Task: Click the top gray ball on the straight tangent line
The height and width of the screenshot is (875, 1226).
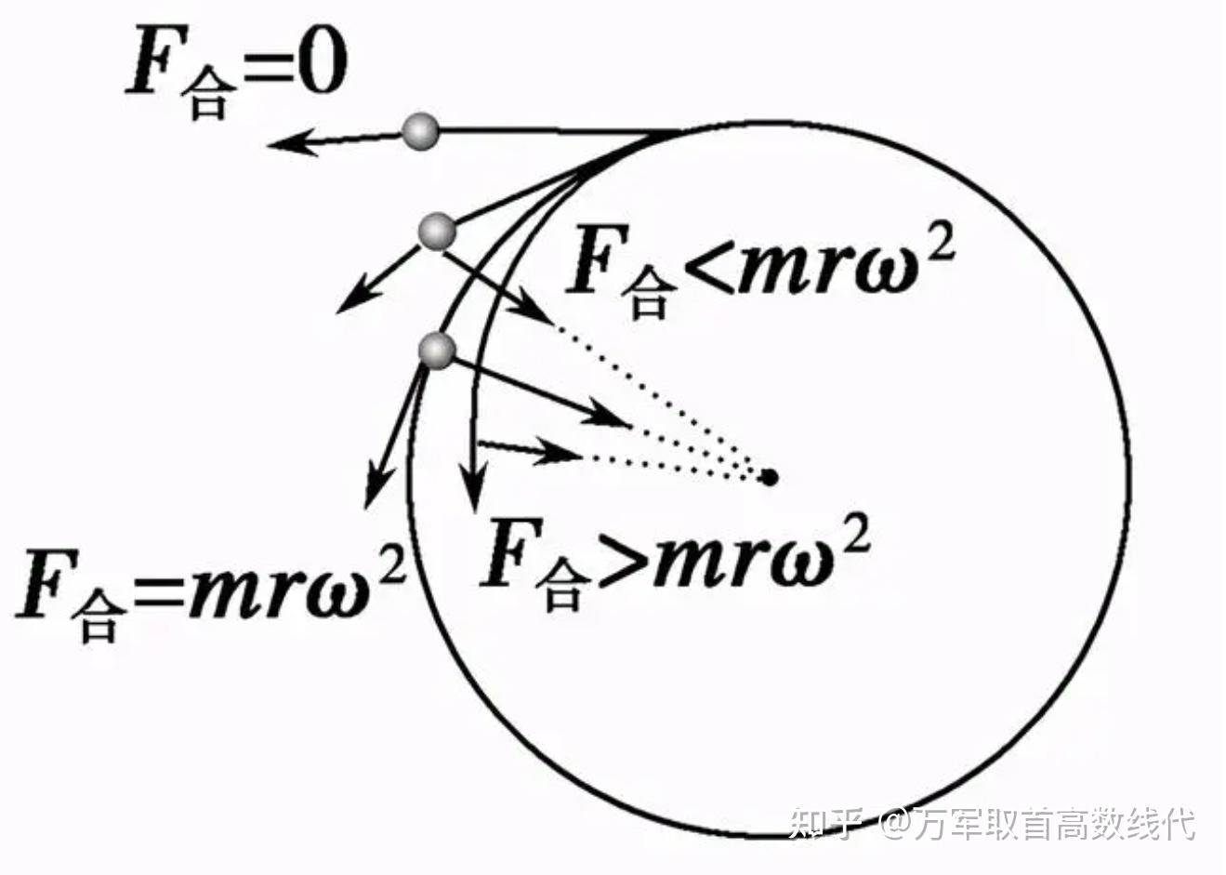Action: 421,131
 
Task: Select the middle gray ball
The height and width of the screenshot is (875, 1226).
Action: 436,231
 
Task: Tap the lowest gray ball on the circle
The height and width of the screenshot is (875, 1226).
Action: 437,350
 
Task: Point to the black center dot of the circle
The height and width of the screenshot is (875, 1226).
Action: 769,477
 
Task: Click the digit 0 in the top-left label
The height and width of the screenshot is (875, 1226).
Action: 322,66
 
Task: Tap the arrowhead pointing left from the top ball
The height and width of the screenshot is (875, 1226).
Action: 288,142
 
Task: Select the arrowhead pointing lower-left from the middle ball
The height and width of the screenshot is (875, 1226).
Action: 351,299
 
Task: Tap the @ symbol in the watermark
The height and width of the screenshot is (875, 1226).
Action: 894,822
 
